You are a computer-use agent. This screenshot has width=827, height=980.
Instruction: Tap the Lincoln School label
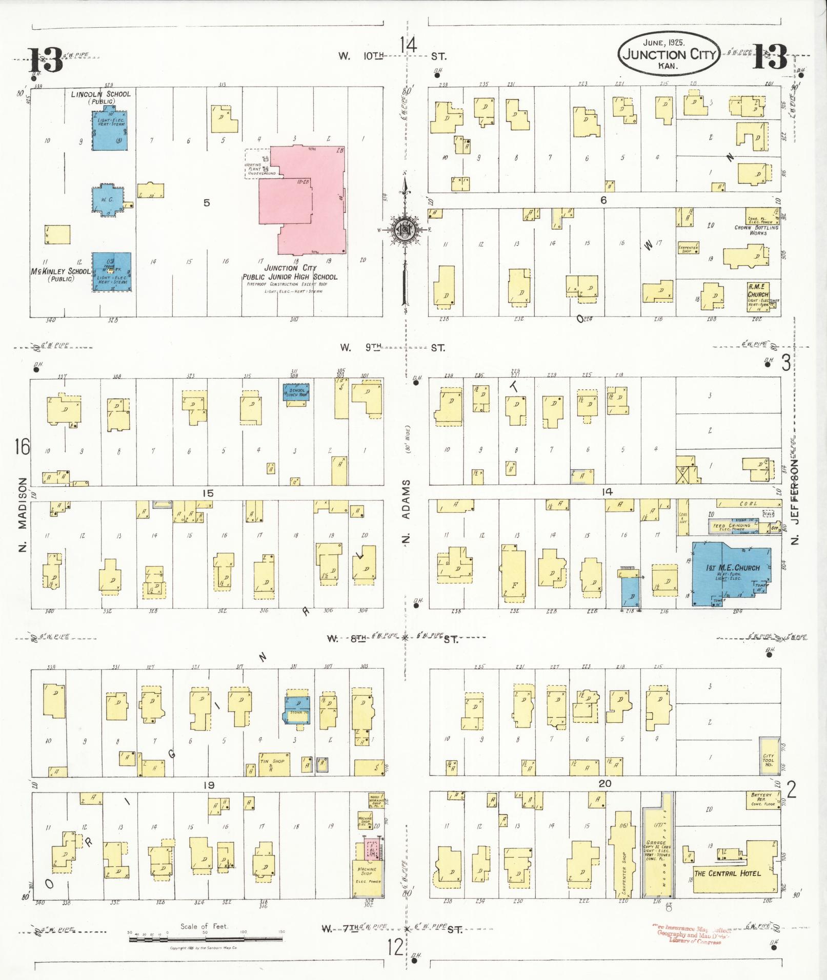tap(100, 94)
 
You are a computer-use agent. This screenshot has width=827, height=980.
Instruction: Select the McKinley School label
tap(60, 272)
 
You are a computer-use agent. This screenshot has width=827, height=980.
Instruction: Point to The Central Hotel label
tap(727, 873)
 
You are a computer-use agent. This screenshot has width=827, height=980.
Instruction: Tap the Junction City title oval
tap(670, 54)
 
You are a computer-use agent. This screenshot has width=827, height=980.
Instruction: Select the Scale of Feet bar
tap(205, 940)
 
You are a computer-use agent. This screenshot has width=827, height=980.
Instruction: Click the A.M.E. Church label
tap(758, 291)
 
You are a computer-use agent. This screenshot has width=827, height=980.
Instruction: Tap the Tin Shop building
tap(274, 764)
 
